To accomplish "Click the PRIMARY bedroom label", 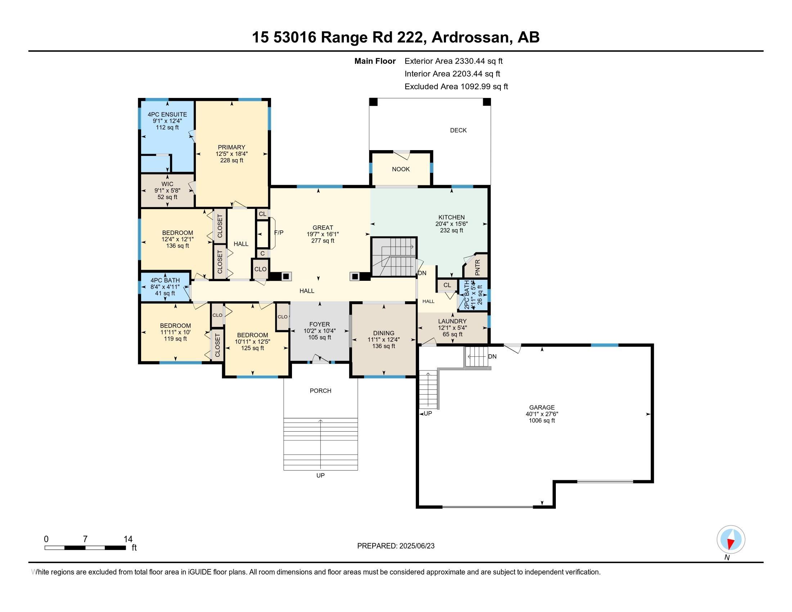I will tap(231, 147).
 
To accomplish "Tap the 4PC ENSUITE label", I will tap(167, 114).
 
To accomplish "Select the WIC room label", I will tap(167, 184).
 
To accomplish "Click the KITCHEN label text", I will tap(451, 217).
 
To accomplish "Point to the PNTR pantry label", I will tap(477, 267).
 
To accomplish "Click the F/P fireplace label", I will tap(279, 233).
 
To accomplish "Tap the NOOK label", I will tap(401, 169).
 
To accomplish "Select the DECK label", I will tap(458, 130).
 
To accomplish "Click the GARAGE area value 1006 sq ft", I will tap(541, 420).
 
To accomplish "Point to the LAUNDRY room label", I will tap(452, 321).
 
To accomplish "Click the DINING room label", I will tap(383, 333).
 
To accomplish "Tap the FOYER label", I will tap(319, 324).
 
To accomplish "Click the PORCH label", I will tap(320, 391).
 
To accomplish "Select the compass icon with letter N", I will tap(731, 539).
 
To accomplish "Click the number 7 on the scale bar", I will tap(85, 539).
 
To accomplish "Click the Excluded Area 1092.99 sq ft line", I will tap(456, 87).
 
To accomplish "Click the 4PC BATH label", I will tap(165, 280).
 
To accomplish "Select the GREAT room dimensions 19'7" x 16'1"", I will tap(323, 234).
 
